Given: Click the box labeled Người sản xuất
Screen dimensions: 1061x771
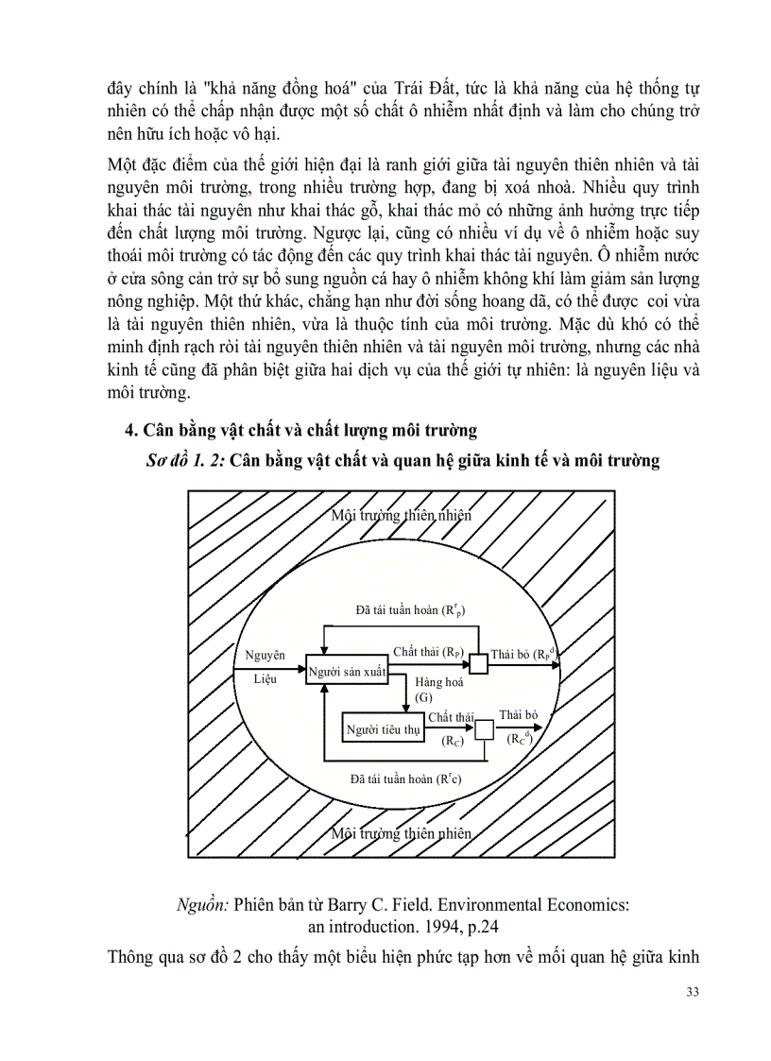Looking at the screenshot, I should point(347,671).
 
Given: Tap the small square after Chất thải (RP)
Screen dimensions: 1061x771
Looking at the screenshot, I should point(479,664).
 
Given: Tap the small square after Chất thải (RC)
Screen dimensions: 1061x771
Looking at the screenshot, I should point(484,728).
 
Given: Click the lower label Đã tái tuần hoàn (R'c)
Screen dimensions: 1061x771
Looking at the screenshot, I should point(405,779).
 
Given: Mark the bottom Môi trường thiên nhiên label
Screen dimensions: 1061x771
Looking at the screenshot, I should point(402,832).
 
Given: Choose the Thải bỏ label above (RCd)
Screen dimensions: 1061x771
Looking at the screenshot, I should point(518,715).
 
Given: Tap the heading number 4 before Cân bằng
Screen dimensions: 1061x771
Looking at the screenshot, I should point(131,430).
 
